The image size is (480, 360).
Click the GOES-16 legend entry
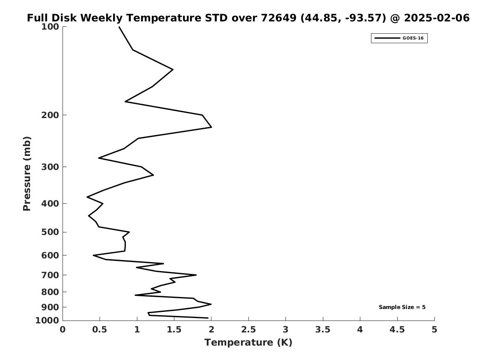(399, 38)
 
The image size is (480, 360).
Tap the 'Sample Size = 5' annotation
(402, 307)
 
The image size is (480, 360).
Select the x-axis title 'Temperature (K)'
(248, 343)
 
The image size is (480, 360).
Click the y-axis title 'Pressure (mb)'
(27, 173)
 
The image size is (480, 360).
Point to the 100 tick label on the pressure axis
(51, 27)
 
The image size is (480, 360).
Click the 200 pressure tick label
(51, 115)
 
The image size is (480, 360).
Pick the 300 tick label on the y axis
(51, 167)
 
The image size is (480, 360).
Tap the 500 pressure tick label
(51, 232)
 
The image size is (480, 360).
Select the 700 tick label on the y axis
(51, 275)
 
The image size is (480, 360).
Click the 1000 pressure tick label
(48, 321)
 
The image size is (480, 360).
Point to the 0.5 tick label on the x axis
(100, 330)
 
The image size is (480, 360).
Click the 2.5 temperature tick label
(248, 330)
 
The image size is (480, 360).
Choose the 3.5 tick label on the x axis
(323, 330)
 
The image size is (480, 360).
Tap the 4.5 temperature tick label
(397, 330)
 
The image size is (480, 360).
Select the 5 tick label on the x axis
(434, 330)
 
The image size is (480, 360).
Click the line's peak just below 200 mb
(211, 127)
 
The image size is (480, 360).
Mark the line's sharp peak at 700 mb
(196, 275)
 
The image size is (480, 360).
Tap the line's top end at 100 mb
(119, 27)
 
